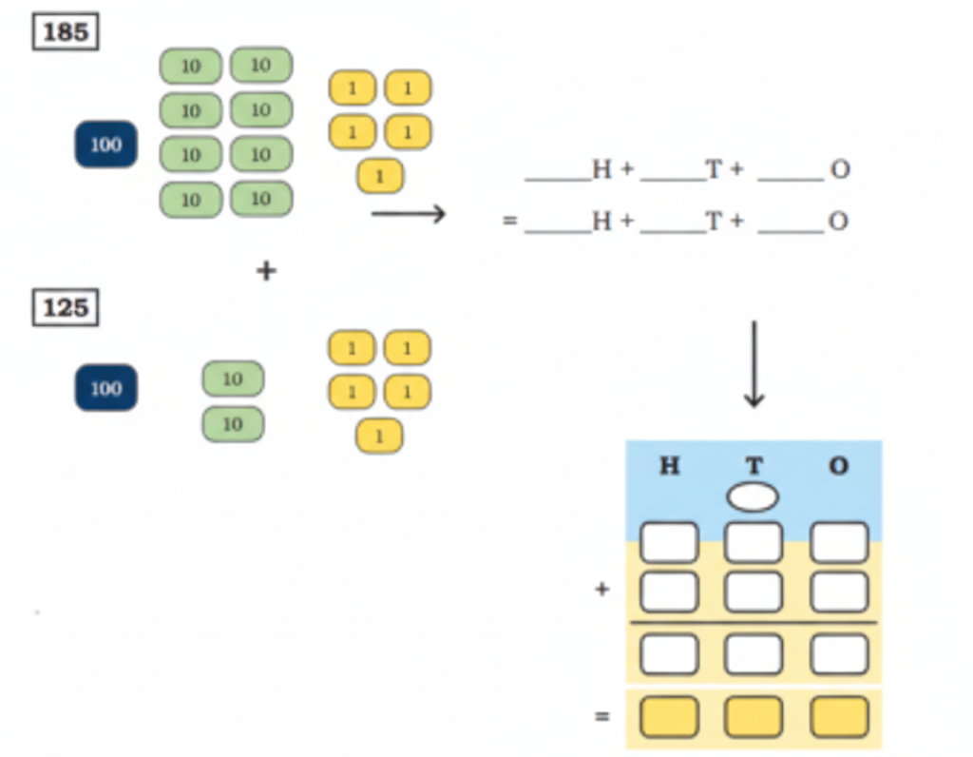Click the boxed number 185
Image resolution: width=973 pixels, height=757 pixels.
click(66, 32)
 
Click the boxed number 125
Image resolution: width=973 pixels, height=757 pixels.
click(66, 308)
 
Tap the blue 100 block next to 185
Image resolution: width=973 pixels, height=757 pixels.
click(105, 145)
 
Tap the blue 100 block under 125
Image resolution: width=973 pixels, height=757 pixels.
click(105, 388)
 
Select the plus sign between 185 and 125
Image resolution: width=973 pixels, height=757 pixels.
click(266, 271)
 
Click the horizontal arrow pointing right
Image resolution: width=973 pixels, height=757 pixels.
click(409, 214)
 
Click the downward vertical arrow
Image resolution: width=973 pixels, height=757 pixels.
click(754, 365)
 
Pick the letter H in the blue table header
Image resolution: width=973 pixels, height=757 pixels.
click(669, 467)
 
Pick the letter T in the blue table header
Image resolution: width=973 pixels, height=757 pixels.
click(754, 467)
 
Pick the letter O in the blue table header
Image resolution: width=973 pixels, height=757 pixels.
click(838, 467)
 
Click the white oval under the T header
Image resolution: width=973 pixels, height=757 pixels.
click(754, 496)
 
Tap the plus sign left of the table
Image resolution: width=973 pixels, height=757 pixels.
click(601, 590)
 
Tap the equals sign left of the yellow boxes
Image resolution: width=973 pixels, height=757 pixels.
click(601, 717)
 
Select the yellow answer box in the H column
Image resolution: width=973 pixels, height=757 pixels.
click(669, 717)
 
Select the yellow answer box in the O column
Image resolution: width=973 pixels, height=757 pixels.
click(839, 717)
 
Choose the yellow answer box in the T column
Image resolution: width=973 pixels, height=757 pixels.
click(754, 717)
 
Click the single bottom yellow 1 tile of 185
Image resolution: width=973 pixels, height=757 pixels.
click(380, 176)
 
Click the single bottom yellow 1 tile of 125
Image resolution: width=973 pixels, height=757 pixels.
click(379, 437)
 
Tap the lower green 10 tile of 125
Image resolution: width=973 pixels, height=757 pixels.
click(233, 424)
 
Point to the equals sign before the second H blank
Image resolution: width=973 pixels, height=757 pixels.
click(510, 222)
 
